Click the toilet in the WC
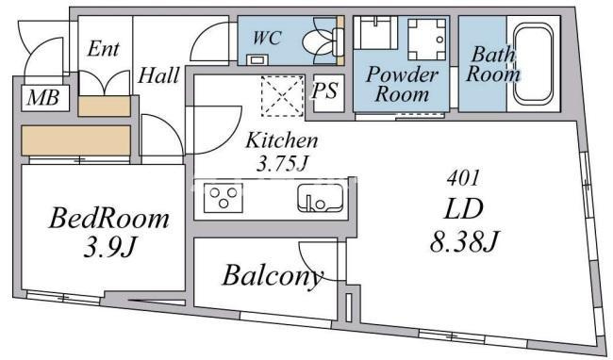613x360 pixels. click(323, 41)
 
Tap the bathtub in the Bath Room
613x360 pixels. click(533, 64)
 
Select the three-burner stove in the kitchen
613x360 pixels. click(224, 198)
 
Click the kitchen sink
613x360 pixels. click(321, 198)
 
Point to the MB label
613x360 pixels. click(43, 98)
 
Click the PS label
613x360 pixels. click(324, 91)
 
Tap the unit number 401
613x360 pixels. click(463, 178)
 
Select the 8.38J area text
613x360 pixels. click(465, 241)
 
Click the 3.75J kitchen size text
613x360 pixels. click(281, 164)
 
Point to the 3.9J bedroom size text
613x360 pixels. click(109, 247)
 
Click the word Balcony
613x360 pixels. click(273, 277)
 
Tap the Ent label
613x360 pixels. click(103, 49)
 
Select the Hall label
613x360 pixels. click(158, 75)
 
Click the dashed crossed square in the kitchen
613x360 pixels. click(282, 96)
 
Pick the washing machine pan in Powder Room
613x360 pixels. click(427, 40)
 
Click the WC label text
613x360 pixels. click(268, 38)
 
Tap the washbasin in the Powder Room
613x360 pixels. click(376, 32)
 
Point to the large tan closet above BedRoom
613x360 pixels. click(75, 140)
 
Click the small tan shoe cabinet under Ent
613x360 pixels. click(104, 106)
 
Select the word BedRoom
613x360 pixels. click(109, 219)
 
